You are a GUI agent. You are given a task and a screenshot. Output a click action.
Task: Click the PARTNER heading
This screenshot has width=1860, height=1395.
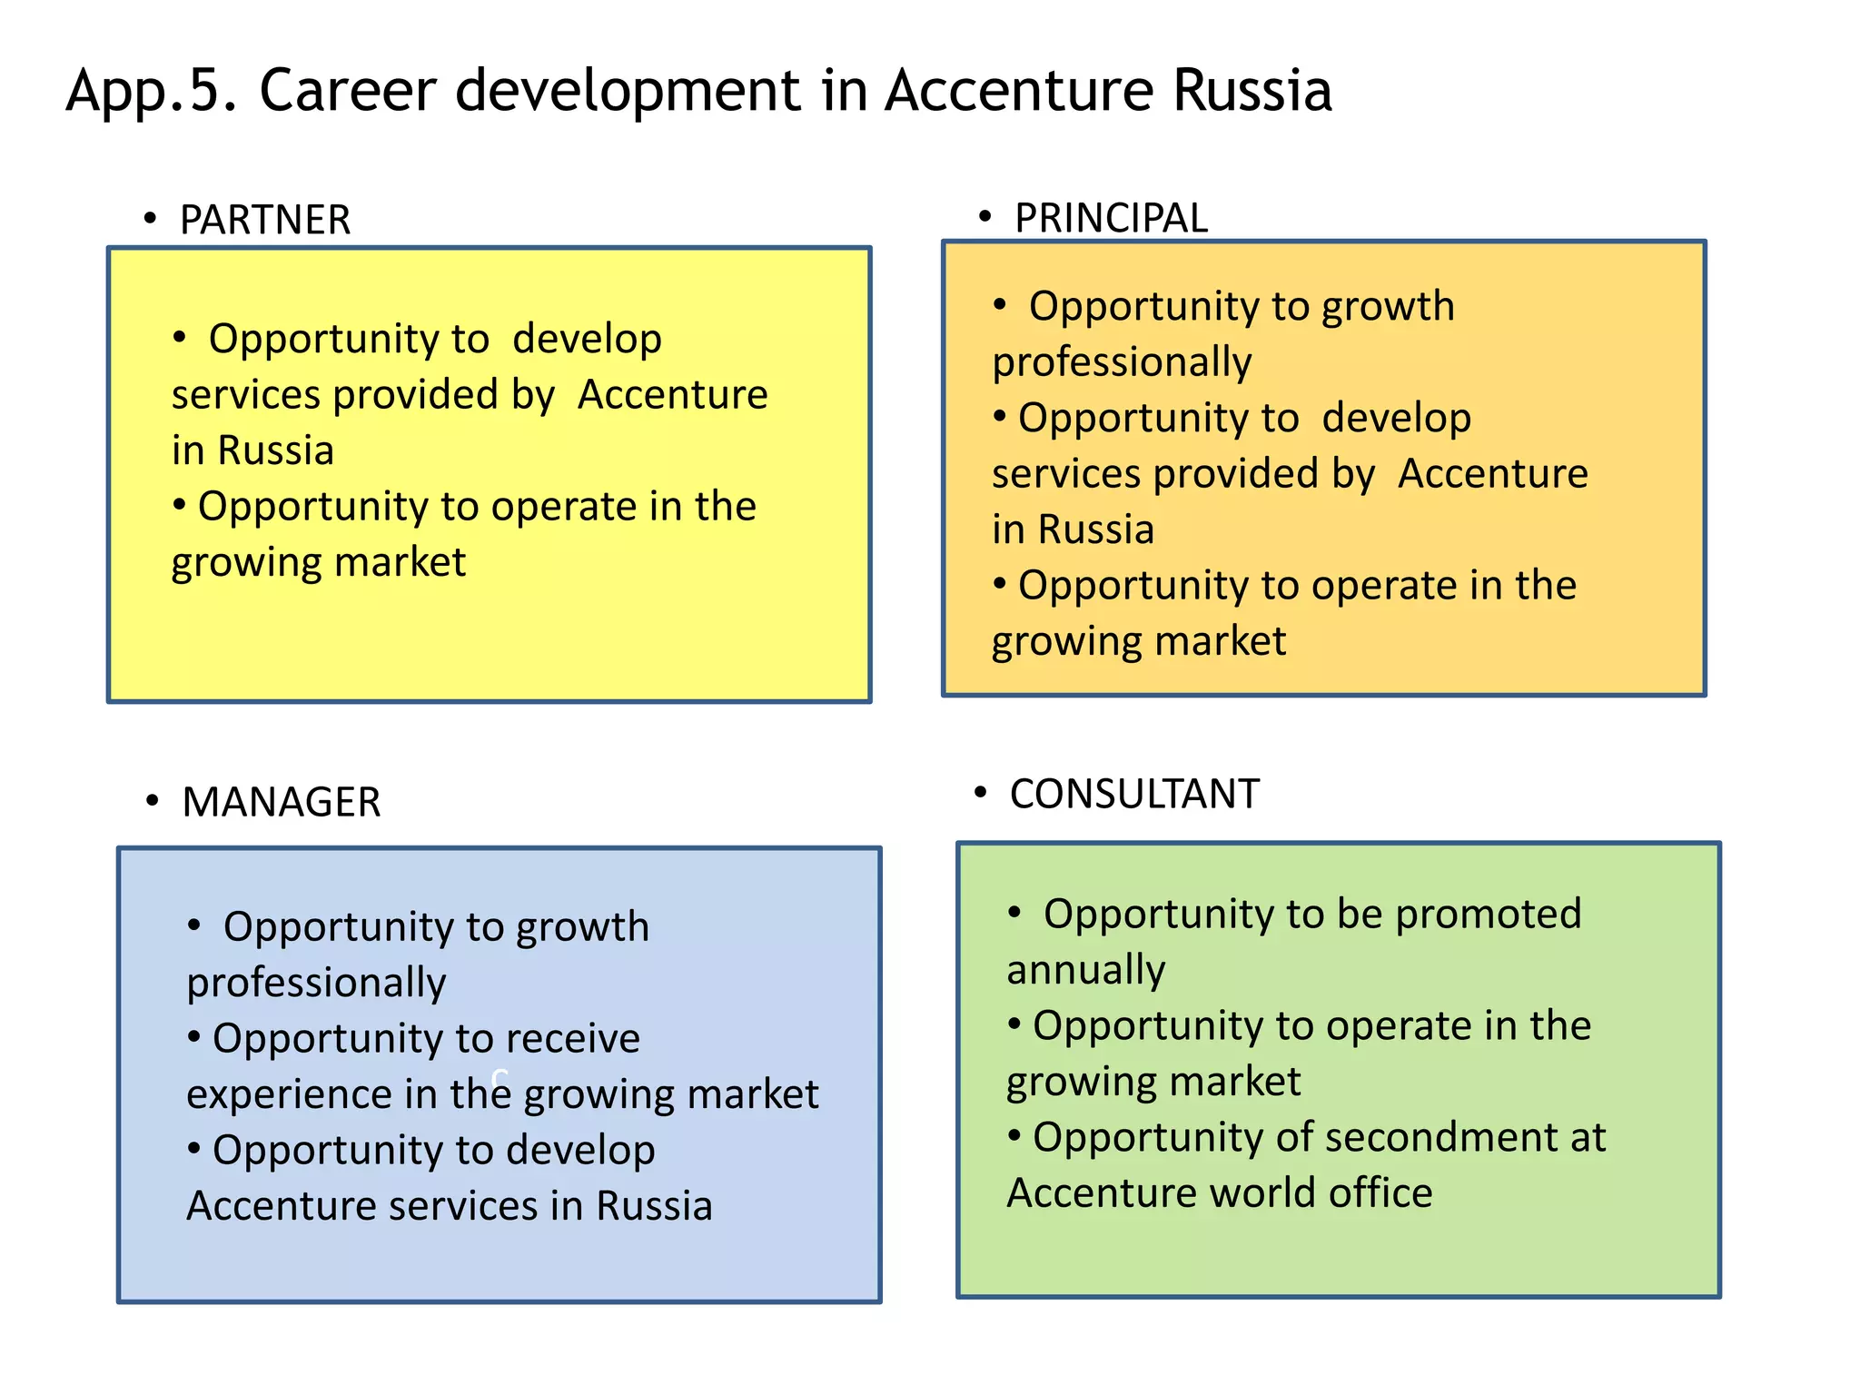[x=264, y=220]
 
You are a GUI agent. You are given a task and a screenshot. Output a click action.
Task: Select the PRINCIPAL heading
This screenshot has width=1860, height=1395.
[x=1111, y=218]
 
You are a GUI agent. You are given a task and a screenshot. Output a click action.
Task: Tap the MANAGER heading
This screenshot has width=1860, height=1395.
[x=281, y=802]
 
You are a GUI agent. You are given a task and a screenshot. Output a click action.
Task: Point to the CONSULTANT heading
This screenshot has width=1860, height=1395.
[x=1134, y=794]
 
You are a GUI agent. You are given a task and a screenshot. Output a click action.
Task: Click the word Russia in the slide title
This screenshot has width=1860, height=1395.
[x=1252, y=91]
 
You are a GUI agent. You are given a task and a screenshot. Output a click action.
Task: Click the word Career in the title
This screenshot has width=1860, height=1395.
[x=348, y=91]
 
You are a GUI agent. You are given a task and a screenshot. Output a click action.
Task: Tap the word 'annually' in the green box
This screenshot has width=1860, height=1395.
[x=1086, y=970]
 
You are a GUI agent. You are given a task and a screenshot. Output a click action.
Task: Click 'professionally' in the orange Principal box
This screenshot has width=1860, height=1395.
[x=1122, y=362]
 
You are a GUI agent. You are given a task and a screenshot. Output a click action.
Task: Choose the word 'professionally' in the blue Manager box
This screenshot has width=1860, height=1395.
[x=316, y=983]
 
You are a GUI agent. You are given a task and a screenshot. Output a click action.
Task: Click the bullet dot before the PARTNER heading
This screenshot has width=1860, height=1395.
[x=150, y=219]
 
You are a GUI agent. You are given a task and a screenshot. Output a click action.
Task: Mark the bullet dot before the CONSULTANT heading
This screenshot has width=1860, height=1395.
[x=980, y=793]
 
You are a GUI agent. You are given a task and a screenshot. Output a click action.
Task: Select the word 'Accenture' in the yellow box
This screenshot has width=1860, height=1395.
[x=673, y=395]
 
